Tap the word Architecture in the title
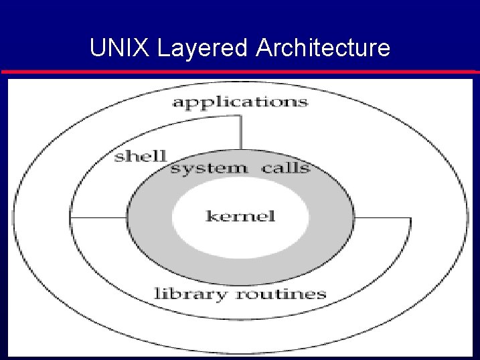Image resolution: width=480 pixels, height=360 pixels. [x=322, y=48]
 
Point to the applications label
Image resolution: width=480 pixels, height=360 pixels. [x=240, y=102]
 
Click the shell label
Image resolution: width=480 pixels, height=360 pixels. [x=140, y=157]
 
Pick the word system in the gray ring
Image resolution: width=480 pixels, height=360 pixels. [x=208, y=168]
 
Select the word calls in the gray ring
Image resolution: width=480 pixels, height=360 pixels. [x=286, y=167]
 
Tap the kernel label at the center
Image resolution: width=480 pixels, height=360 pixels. [x=240, y=216]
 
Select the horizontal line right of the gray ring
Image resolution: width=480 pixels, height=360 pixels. [x=382, y=218]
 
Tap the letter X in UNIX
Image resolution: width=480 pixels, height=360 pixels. [x=133, y=48]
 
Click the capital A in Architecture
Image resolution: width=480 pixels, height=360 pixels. [x=263, y=48]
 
